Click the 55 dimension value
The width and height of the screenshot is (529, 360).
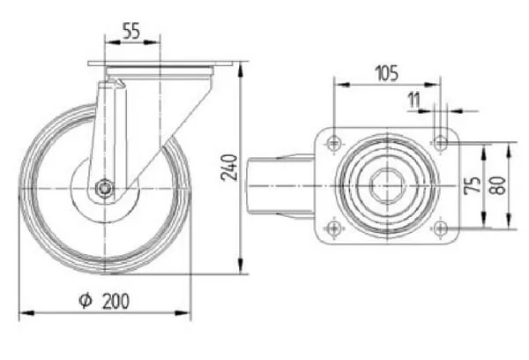tap(130, 31)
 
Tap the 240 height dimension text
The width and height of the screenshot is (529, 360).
tap(229, 168)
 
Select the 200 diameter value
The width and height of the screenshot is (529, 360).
tap(115, 301)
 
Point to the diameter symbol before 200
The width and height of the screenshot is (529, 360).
tap(86, 300)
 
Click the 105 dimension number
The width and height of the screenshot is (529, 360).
tap(387, 73)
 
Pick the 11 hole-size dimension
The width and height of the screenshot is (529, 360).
tap(414, 100)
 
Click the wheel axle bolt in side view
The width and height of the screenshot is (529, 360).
tap(104, 187)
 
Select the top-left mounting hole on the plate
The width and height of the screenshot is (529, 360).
tap(334, 143)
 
